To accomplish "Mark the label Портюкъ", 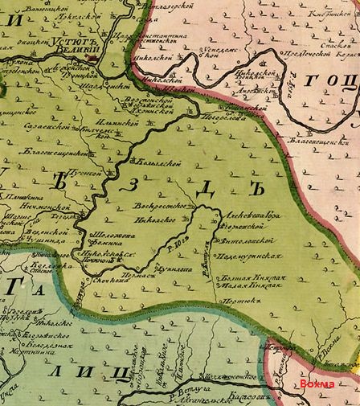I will tap(242, 302).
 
